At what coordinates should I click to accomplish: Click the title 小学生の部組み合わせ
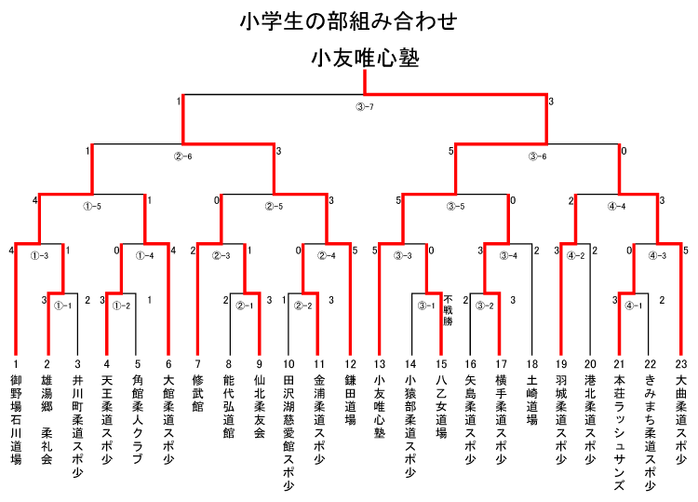(x=348, y=21)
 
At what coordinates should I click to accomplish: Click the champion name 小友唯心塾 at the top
(x=365, y=59)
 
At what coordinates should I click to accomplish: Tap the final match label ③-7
(x=365, y=107)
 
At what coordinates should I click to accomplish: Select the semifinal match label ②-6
(x=182, y=156)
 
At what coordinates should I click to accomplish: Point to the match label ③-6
(x=537, y=156)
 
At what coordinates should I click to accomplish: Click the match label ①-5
(x=92, y=206)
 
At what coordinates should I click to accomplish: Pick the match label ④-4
(x=616, y=206)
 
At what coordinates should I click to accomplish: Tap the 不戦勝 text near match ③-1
(x=448, y=310)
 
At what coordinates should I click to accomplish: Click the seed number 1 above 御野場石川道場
(x=16, y=364)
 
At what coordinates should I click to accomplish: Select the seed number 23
(x=681, y=364)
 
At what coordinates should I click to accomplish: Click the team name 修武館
(x=197, y=393)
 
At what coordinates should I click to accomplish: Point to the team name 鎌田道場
(x=350, y=400)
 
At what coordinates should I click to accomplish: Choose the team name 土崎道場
(x=532, y=400)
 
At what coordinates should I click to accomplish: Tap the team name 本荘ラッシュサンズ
(x=619, y=432)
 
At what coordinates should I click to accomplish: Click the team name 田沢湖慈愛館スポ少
(x=289, y=432)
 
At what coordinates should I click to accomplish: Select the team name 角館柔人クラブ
(x=138, y=419)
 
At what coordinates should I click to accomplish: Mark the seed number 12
(x=350, y=364)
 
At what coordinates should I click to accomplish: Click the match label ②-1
(x=245, y=306)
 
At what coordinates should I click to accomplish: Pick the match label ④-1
(x=634, y=306)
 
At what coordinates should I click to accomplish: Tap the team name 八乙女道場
(x=441, y=406)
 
